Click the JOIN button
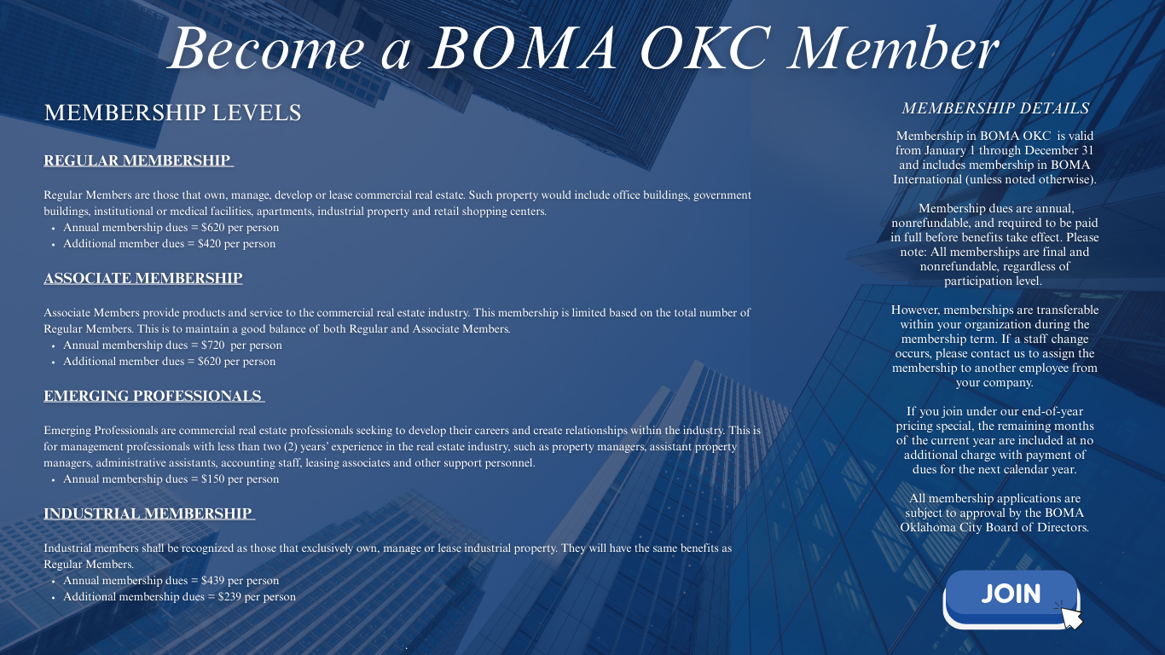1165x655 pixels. (x=1010, y=594)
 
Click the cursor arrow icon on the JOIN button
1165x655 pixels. (x=1071, y=617)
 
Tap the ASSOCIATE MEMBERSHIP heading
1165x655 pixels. (x=143, y=278)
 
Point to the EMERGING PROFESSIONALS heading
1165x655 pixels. (x=154, y=396)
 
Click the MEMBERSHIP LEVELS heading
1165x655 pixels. (x=172, y=113)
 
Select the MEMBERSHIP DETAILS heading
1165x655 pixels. (x=995, y=108)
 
